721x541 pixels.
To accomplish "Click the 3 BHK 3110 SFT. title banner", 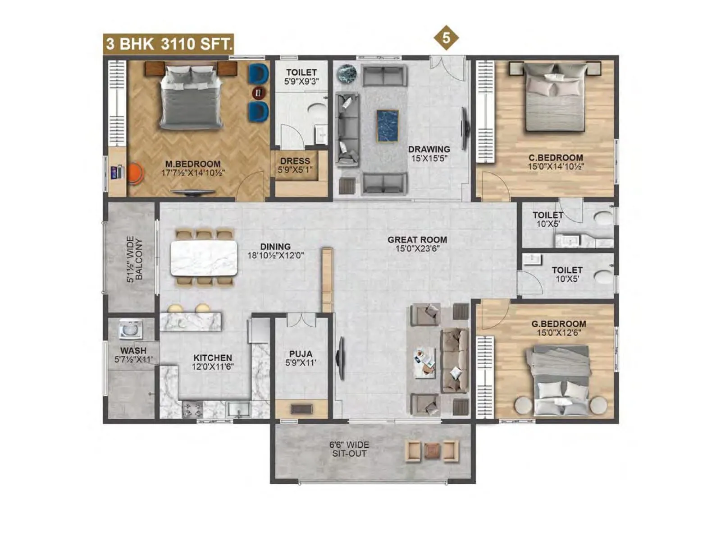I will pyautogui.click(x=169, y=44).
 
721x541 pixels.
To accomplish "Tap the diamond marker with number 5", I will pyautogui.click(x=446, y=38).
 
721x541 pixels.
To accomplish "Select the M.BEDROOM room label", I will pyautogui.click(x=193, y=164).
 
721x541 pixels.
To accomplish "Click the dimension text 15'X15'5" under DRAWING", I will pyautogui.click(x=429, y=158).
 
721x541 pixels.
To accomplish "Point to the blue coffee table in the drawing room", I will pyautogui.click(x=388, y=126).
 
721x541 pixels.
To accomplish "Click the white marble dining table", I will pyautogui.click(x=204, y=258).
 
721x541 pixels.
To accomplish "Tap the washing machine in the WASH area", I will pyautogui.click(x=130, y=329).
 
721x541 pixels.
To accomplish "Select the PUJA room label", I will pyautogui.click(x=301, y=354).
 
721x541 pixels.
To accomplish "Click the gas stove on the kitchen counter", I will pyautogui.click(x=192, y=410).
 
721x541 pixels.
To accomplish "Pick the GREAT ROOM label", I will pyautogui.click(x=417, y=240).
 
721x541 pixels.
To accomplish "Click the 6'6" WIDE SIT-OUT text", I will pyautogui.click(x=349, y=449).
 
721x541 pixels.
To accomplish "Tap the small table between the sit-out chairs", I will pyautogui.click(x=432, y=450).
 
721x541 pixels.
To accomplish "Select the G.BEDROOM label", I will pyautogui.click(x=558, y=324).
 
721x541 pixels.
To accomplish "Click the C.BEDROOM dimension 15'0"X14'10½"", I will pyautogui.click(x=556, y=166).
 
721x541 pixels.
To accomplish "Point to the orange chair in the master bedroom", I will pyautogui.click(x=135, y=174).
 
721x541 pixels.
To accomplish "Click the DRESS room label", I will pyautogui.click(x=295, y=161).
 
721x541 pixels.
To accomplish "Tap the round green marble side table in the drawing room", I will pyautogui.click(x=347, y=73).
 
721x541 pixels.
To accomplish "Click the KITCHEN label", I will pyautogui.click(x=213, y=358).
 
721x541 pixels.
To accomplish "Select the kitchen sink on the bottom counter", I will pyautogui.click(x=239, y=409).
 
